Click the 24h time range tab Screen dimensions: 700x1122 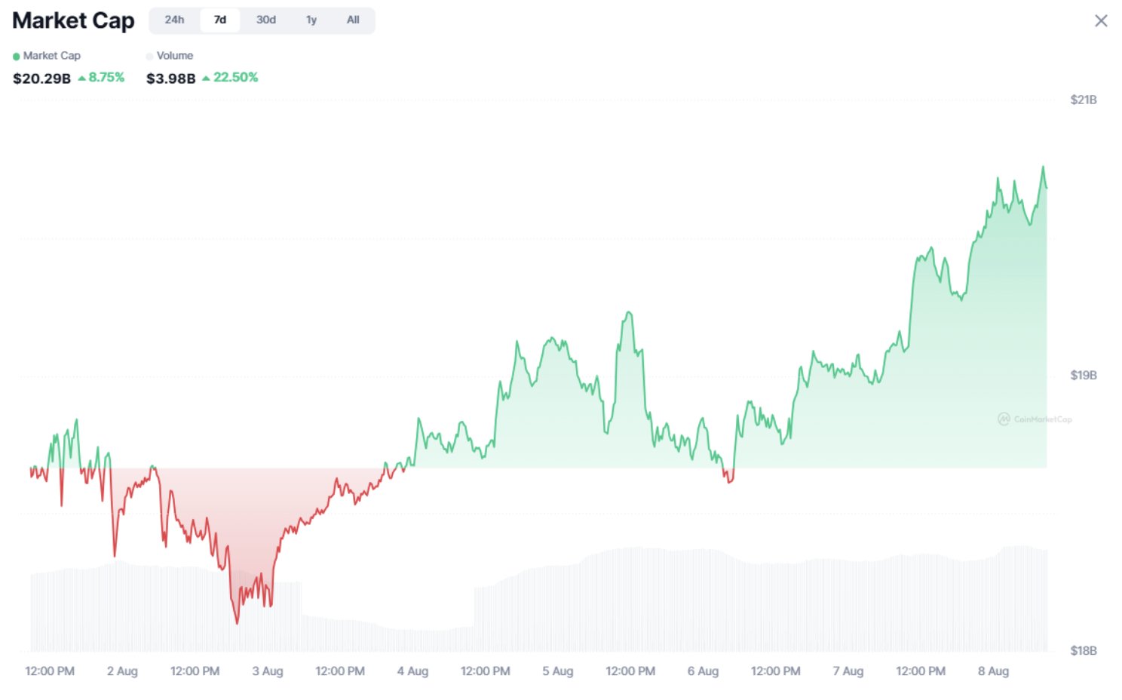pyautogui.click(x=174, y=20)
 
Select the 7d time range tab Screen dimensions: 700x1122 pyautogui.click(x=220, y=20)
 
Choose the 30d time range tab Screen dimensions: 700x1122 pyautogui.click(x=265, y=20)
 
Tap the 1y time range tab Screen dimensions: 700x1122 pyautogui.click(x=311, y=20)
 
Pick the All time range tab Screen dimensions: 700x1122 pyautogui.click(x=353, y=20)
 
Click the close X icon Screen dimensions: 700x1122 pyautogui.click(x=1101, y=21)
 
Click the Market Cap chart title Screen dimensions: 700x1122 pyautogui.click(x=73, y=21)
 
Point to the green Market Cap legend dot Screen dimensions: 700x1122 pyautogui.click(x=17, y=57)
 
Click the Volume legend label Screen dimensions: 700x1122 pyautogui.click(x=175, y=56)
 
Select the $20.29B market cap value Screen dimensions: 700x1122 pyautogui.click(x=42, y=78)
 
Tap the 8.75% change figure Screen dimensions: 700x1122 pyautogui.click(x=106, y=78)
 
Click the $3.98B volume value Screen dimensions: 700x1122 pyautogui.click(x=171, y=78)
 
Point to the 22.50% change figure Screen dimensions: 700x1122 pyautogui.click(x=235, y=78)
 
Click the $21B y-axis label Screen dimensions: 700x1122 pyautogui.click(x=1084, y=100)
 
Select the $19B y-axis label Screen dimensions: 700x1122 pyautogui.click(x=1084, y=376)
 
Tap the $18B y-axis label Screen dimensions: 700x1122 pyautogui.click(x=1084, y=651)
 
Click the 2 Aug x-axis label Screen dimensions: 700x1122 pyautogui.click(x=122, y=671)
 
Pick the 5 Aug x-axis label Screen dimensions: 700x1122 pyautogui.click(x=558, y=671)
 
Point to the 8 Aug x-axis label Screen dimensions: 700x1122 pyautogui.click(x=993, y=671)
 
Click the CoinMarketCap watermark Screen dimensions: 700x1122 pyautogui.click(x=1035, y=419)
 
